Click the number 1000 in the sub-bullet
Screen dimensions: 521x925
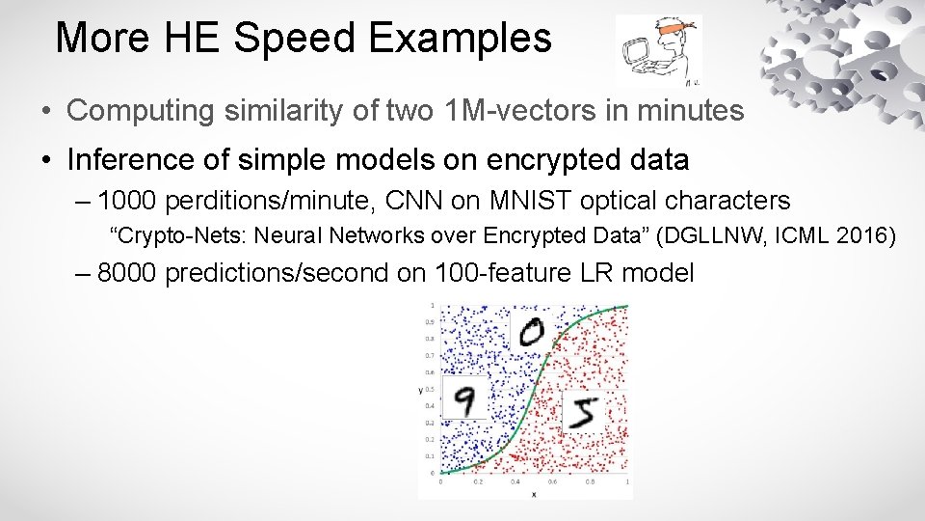[129, 201]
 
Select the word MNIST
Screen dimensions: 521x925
[521, 201]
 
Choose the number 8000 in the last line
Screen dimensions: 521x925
[129, 273]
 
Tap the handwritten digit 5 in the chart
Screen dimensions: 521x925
[584, 413]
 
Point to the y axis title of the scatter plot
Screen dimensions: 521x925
[421, 390]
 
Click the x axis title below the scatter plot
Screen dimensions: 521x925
[533, 495]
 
